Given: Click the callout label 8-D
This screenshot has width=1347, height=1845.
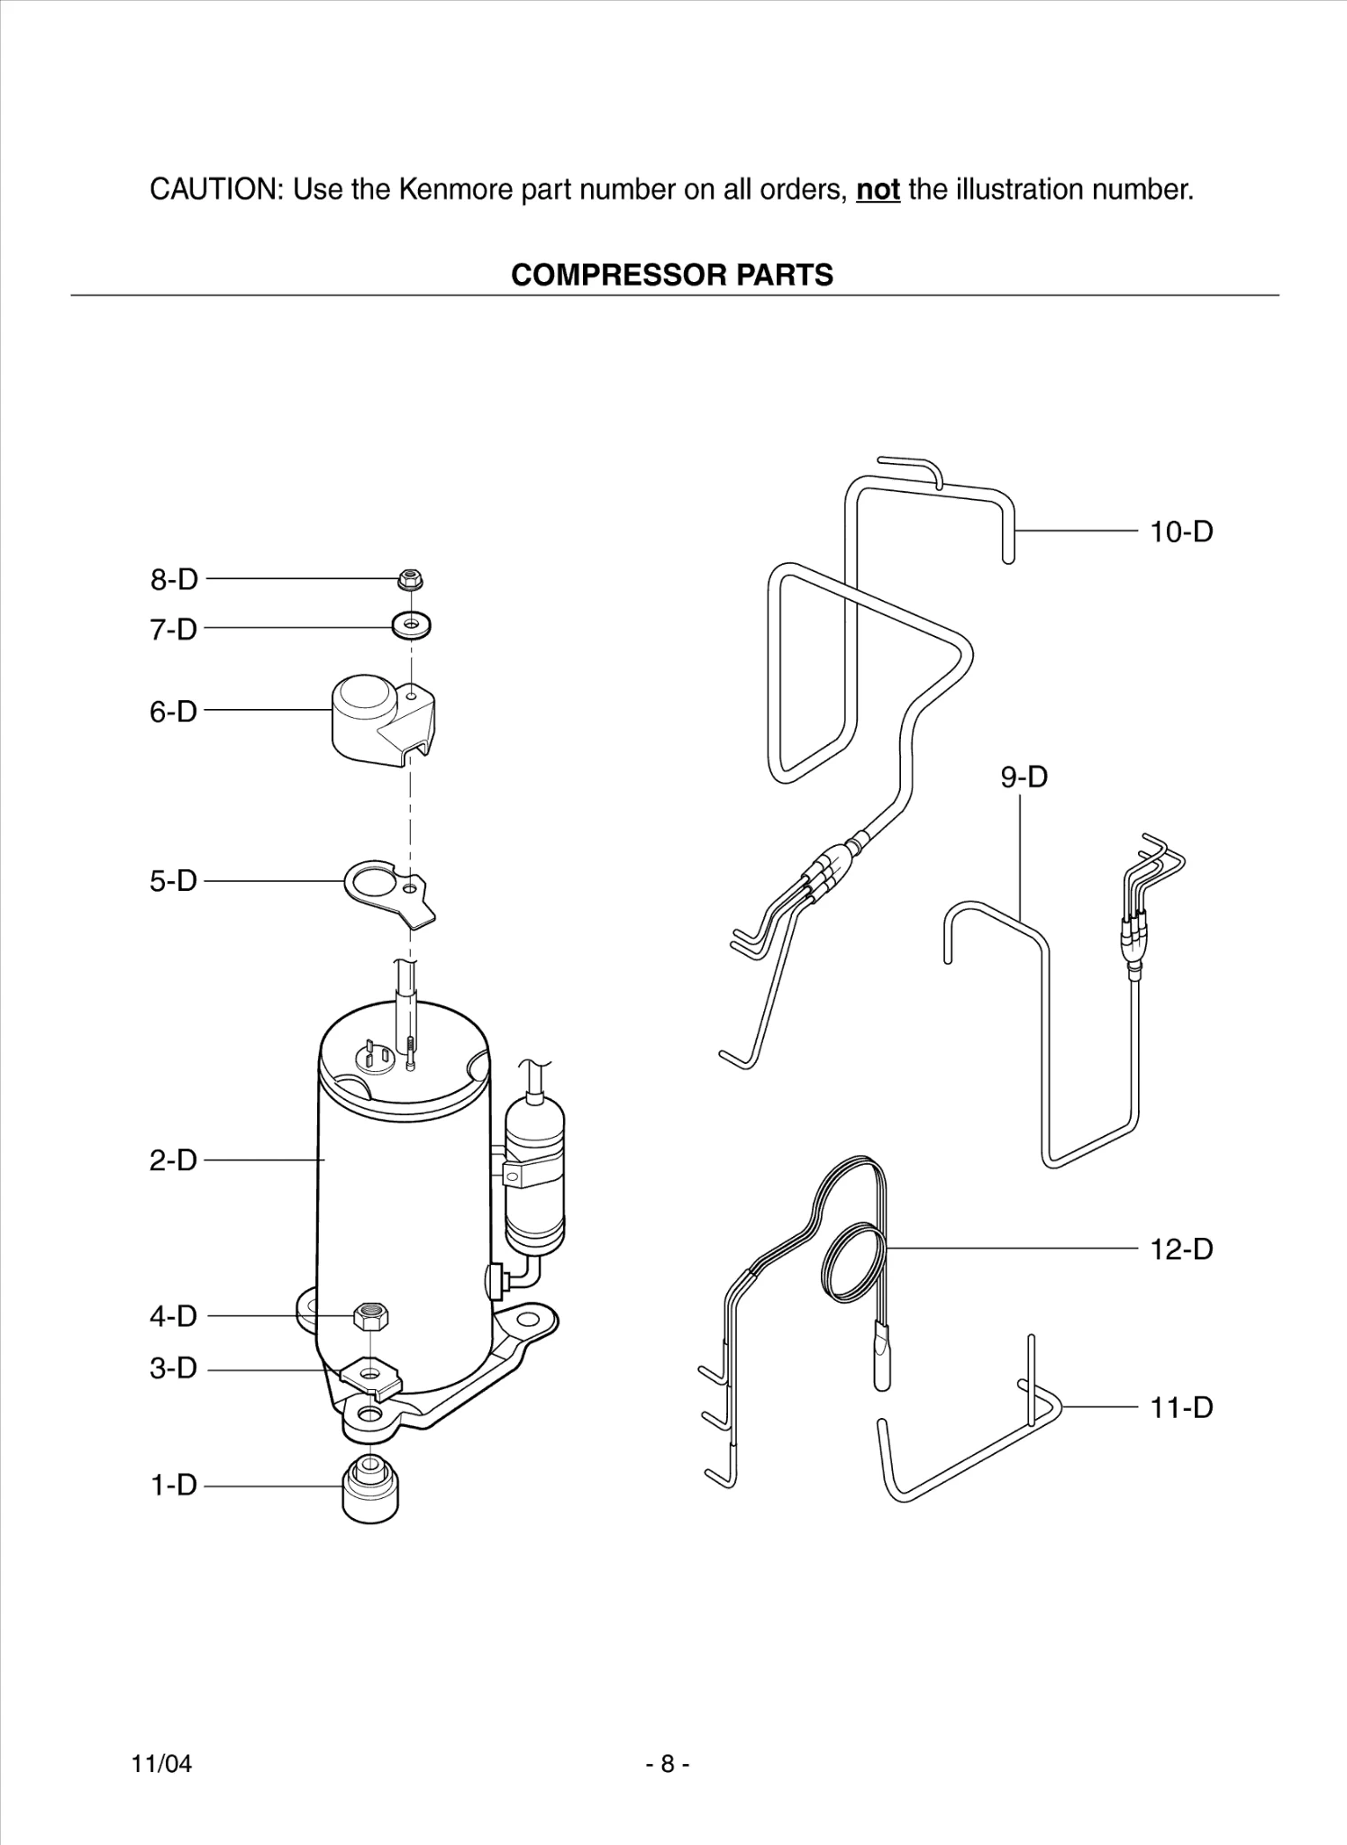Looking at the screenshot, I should click(174, 579).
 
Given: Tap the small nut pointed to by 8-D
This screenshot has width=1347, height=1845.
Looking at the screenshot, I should click(411, 579).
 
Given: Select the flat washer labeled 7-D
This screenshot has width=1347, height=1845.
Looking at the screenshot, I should click(412, 623).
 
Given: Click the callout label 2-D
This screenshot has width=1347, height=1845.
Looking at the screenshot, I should click(173, 1160).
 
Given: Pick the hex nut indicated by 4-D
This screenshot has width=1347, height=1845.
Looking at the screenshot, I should click(371, 1316).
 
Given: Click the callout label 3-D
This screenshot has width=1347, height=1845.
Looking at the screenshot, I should click(173, 1368).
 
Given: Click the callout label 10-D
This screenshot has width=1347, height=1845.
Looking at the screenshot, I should click(1181, 532).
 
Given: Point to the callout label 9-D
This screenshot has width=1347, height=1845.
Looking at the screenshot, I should click(1024, 777).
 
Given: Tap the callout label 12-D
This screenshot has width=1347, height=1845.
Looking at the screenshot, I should click(1181, 1250).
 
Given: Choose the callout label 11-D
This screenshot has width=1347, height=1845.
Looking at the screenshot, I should click(1181, 1407).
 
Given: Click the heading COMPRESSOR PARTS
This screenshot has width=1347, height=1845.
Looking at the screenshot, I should click(672, 275).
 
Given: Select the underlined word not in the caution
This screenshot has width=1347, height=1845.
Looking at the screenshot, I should click(878, 190).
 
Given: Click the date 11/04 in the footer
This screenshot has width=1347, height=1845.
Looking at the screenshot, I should click(162, 1764).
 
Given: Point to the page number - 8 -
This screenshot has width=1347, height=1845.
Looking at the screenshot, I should click(668, 1764).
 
